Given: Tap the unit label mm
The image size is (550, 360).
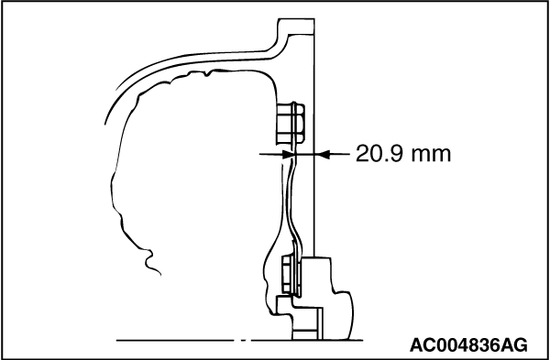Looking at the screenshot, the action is coord(431,156).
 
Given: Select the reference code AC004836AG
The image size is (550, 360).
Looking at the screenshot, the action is coord(468,345).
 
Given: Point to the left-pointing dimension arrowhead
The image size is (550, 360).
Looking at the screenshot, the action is coord(323,154).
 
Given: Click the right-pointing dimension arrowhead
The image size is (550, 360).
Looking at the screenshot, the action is coord(289,154).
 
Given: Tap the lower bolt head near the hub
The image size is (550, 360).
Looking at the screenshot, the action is coord(291,276).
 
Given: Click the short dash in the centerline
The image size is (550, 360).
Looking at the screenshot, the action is coord(244,340).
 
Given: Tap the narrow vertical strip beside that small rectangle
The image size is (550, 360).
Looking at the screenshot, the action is coord(320,324).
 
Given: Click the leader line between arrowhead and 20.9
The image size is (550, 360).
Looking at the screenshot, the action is coord(339,154).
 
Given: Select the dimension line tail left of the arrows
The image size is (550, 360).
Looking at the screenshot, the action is coord(270,154).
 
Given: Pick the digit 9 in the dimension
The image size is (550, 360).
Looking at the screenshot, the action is coord(395,154).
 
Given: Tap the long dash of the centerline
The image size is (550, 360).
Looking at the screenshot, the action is coord(175,340).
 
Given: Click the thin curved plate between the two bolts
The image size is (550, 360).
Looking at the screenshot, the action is coord(291,196).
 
